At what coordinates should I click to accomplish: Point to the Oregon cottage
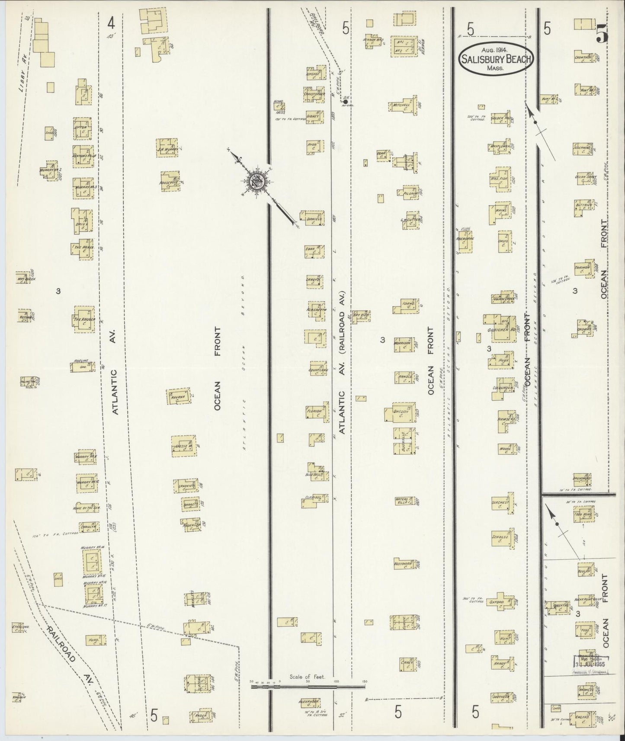tap(401, 412)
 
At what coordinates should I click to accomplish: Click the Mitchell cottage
tap(402, 105)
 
